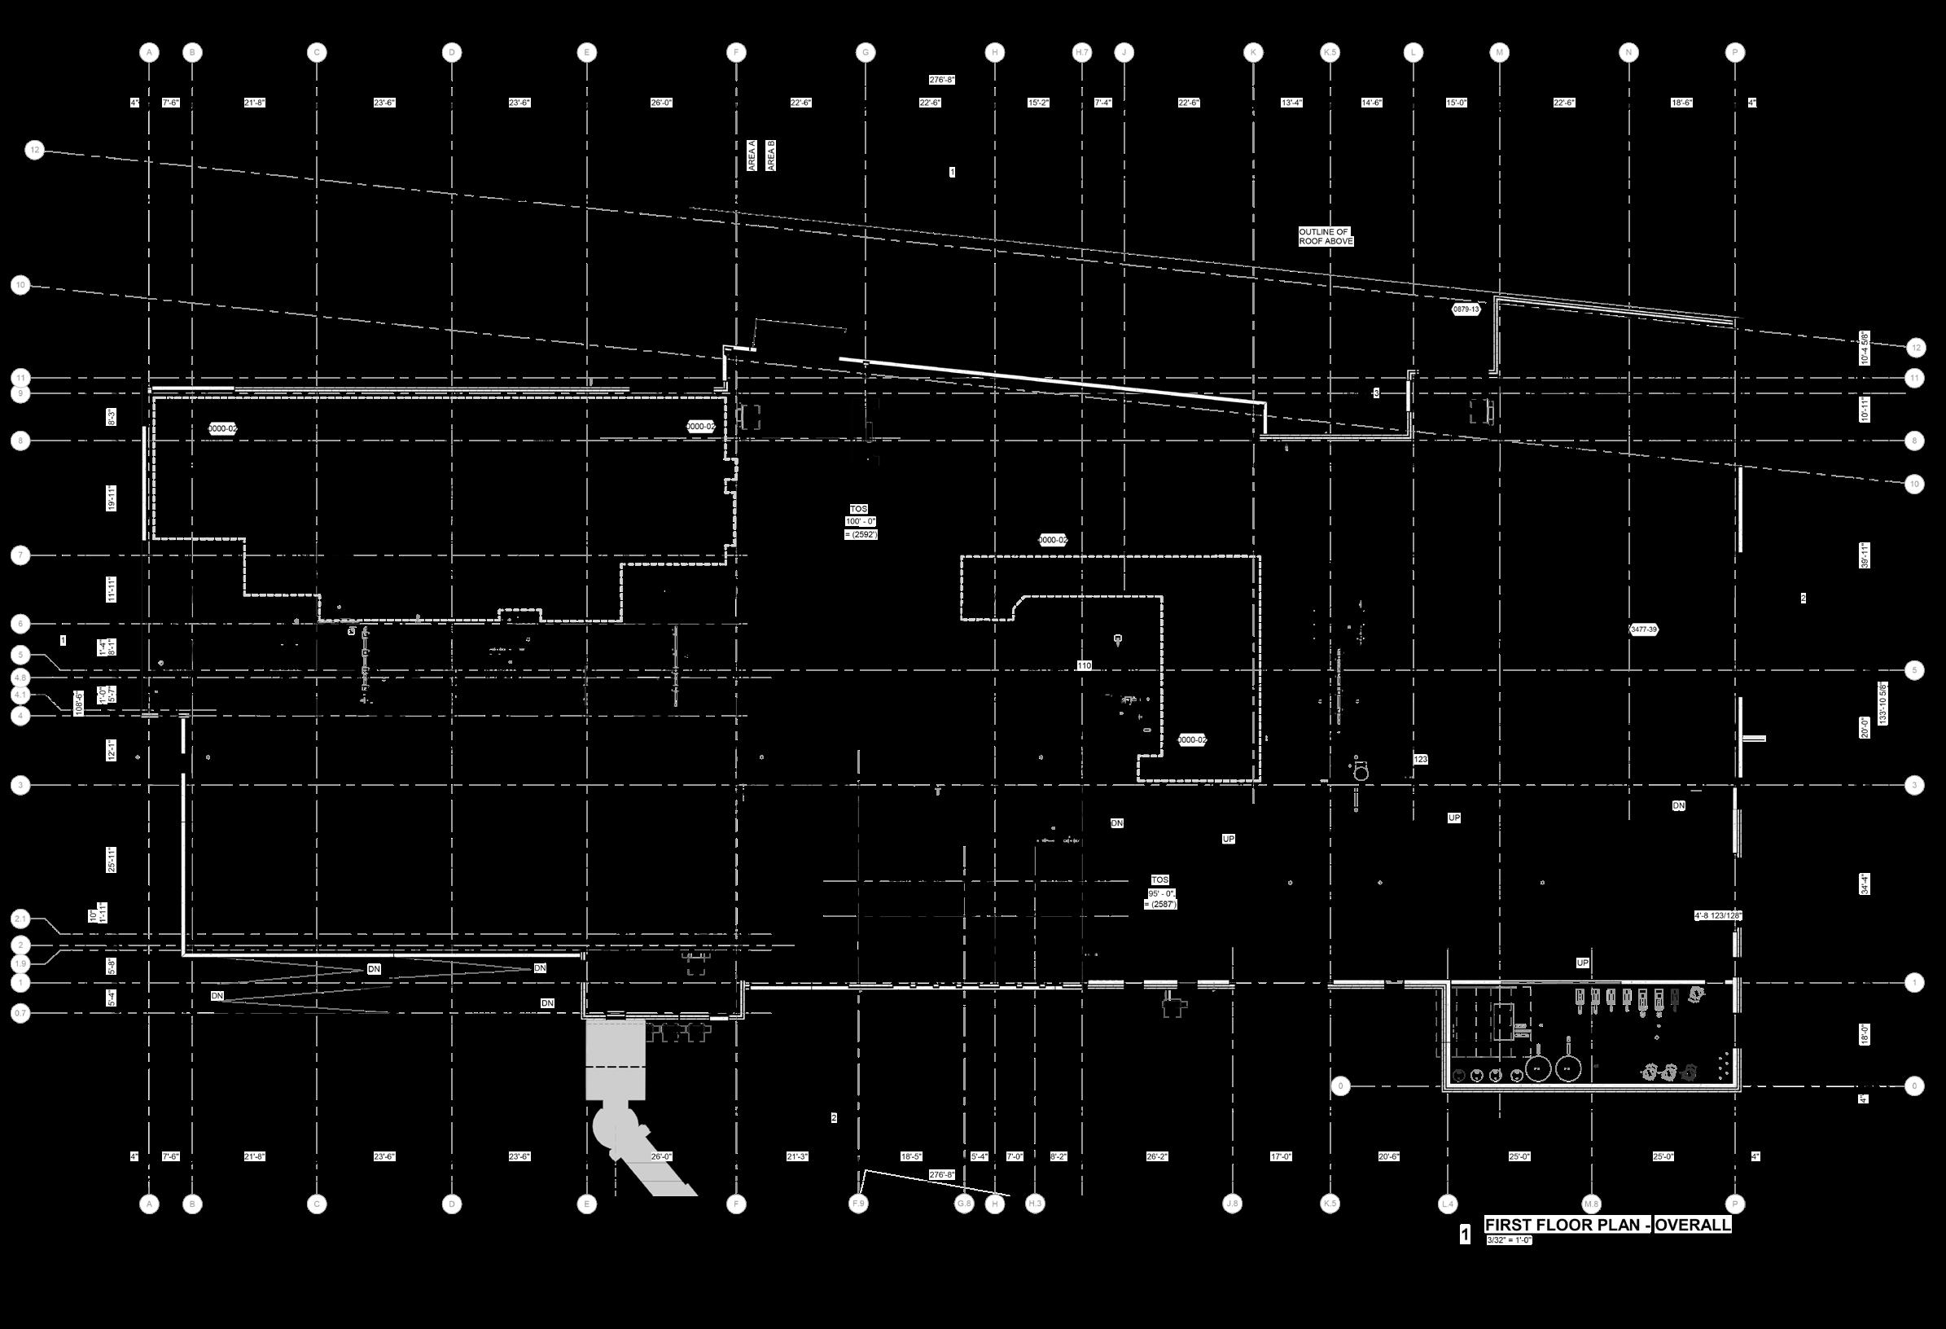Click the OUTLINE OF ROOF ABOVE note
[x=1326, y=236]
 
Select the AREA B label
[x=771, y=156]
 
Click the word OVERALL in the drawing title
[x=1692, y=1225]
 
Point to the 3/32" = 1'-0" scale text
[x=1509, y=1240]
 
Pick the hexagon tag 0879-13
[x=1466, y=309]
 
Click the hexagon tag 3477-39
[x=1644, y=629]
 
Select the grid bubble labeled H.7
[x=1082, y=53]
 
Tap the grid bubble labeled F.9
[x=858, y=1204]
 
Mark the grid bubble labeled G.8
[x=964, y=1204]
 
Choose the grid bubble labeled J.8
[x=1232, y=1204]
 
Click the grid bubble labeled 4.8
[x=20, y=678]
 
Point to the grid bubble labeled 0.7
[x=20, y=1014]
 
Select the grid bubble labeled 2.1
[x=20, y=919]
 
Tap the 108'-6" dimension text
[x=80, y=702]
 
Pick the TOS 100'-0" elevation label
[x=860, y=521]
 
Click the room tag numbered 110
[x=1084, y=666]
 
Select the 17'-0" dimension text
[x=1281, y=1156]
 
